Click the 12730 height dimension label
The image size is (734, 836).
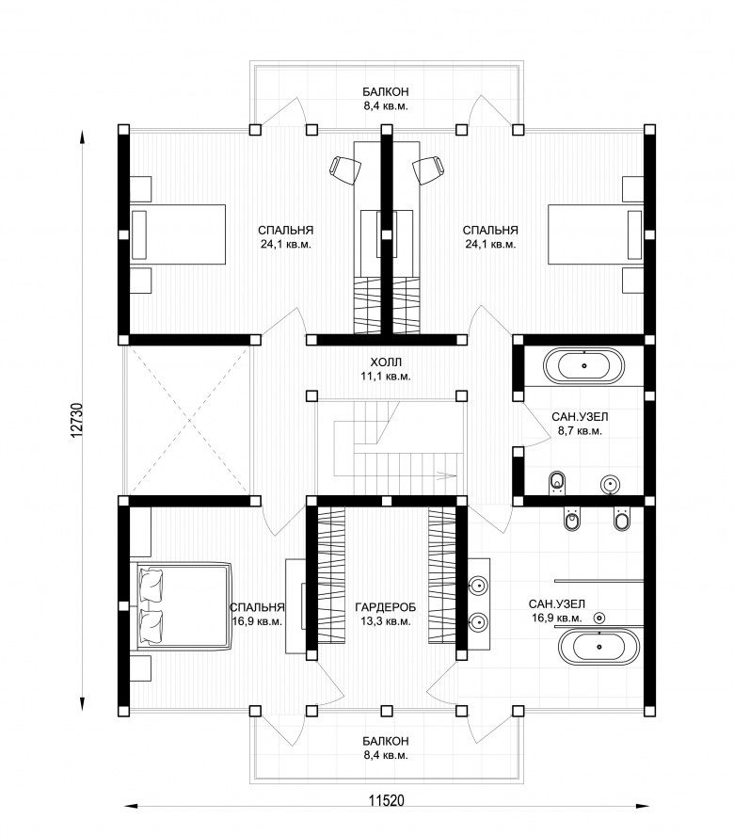pyautogui.click(x=76, y=421)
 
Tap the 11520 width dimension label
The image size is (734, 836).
pyautogui.click(x=387, y=800)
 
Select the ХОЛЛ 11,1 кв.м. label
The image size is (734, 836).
pyautogui.click(x=386, y=369)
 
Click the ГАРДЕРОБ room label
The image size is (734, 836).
pyautogui.click(x=386, y=606)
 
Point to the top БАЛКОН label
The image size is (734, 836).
pyautogui.click(x=386, y=91)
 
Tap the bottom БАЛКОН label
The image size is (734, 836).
pyautogui.click(x=386, y=741)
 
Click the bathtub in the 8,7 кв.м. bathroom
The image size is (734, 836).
pyautogui.click(x=583, y=365)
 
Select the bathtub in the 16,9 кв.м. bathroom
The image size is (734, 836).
pyautogui.click(x=599, y=647)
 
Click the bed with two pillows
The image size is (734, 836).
pyautogui.click(x=184, y=605)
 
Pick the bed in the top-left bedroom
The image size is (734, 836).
pyautogui.click(x=178, y=234)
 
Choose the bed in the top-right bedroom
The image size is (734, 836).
pyautogui.click(x=596, y=234)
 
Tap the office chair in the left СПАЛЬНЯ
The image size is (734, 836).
pyautogui.click(x=344, y=170)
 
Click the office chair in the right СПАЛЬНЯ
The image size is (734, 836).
pyautogui.click(x=428, y=170)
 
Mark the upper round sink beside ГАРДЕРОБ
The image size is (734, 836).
pyautogui.click(x=479, y=586)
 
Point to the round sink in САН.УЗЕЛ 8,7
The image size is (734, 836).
pyautogui.click(x=611, y=484)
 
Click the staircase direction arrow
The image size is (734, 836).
pyautogui.click(x=446, y=474)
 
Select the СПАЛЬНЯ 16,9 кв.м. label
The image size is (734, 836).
pyautogui.click(x=257, y=614)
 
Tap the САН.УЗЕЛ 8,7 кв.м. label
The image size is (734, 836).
pyautogui.click(x=580, y=424)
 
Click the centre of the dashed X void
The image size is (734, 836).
pyautogui.click(x=189, y=421)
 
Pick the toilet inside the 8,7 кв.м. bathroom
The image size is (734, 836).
pyautogui.click(x=556, y=483)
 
